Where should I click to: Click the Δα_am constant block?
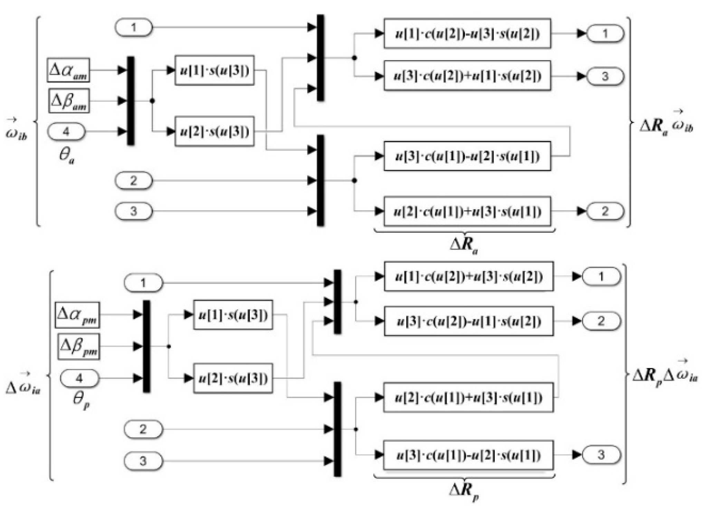point(68,70)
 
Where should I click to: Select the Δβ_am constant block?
point(69,101)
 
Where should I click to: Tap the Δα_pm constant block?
point(77,315)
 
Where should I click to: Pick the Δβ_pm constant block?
point(79,346)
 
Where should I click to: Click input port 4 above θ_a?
point(66,132)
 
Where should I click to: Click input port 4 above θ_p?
point(79,378)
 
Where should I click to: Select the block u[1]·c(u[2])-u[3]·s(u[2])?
point(467,33)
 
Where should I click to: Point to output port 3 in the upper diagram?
point(605,76)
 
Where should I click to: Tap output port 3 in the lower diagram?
point(601,455)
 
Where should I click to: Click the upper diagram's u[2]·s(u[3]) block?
point(214,132)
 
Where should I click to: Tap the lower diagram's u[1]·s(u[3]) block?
point(233,315)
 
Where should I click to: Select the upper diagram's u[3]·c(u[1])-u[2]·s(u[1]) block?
point(467,156)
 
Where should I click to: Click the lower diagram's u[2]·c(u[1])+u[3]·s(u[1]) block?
point(468,397)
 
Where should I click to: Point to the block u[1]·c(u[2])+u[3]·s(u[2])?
point(468,277)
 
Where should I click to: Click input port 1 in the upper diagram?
point(134,27)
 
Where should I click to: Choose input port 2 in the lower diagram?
point(143,429)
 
